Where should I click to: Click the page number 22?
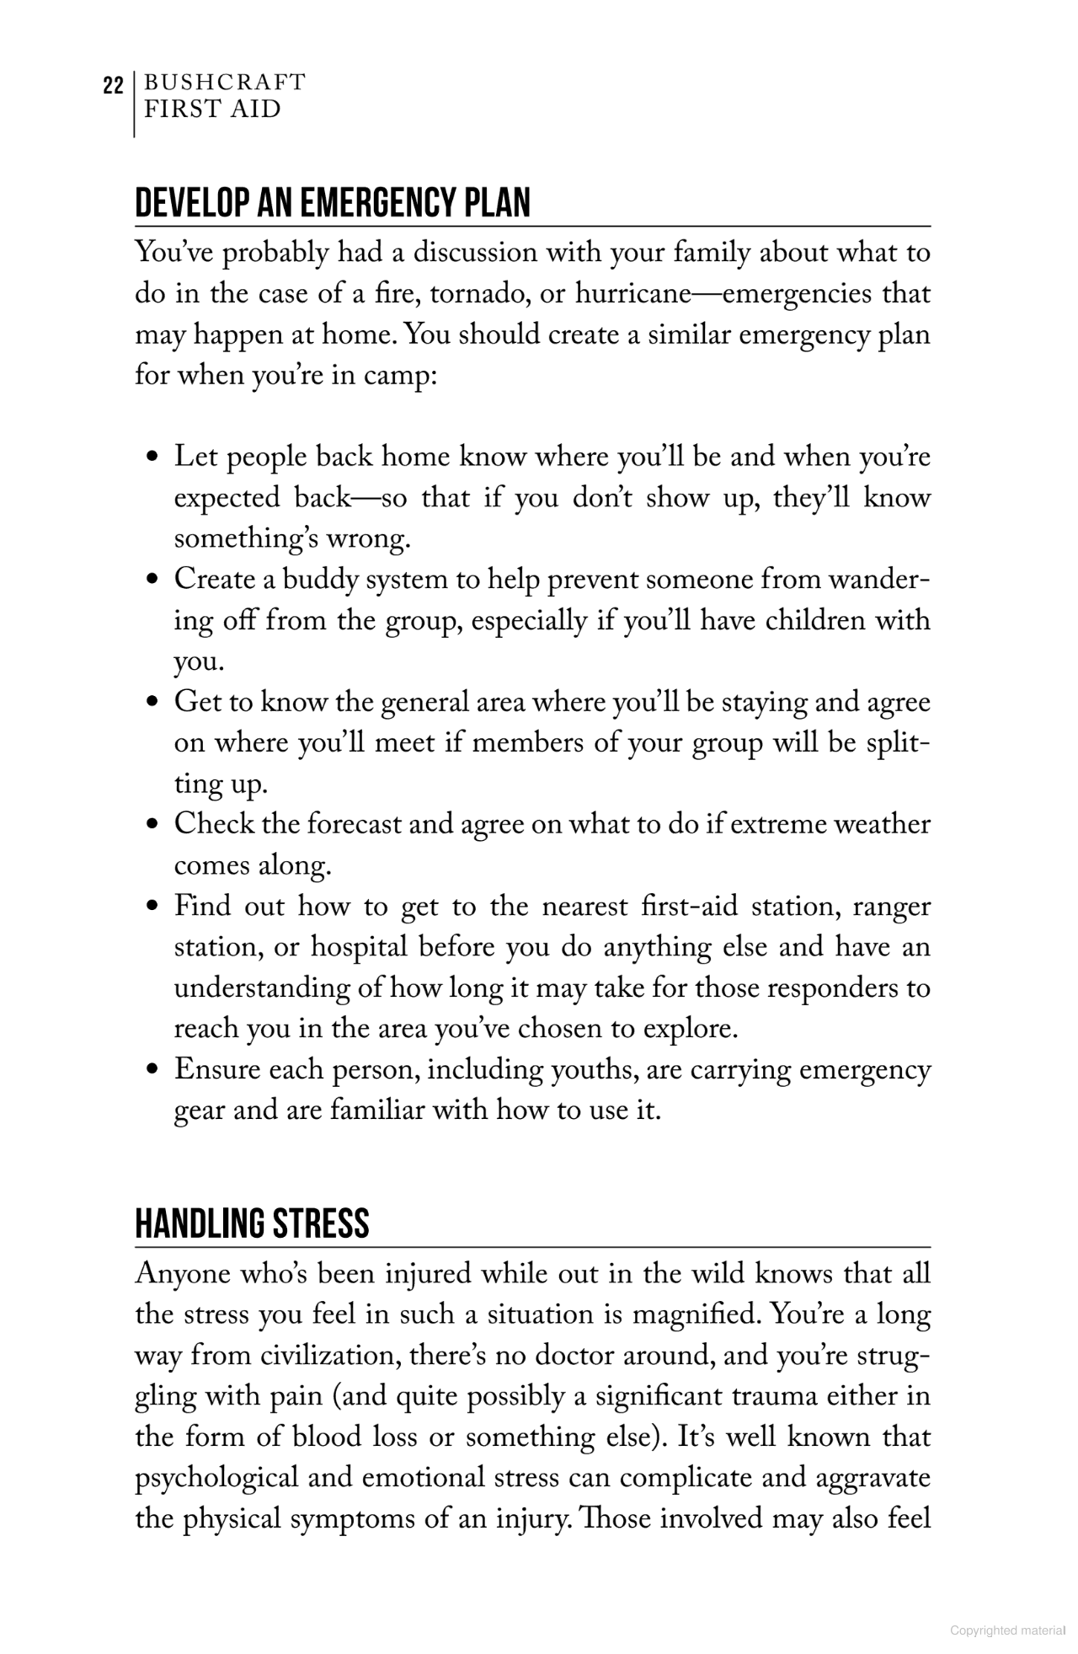(114, 86)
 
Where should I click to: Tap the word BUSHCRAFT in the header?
(225, 83)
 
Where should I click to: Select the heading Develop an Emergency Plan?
(333, 203)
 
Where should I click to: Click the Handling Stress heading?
(252, 1223)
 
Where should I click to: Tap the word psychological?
(216, 1479)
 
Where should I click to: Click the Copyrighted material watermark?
(1007, 1630)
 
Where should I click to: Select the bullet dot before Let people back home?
(152, 458)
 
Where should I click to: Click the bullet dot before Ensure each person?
(152, 1071)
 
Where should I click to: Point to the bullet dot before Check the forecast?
(152, 825)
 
